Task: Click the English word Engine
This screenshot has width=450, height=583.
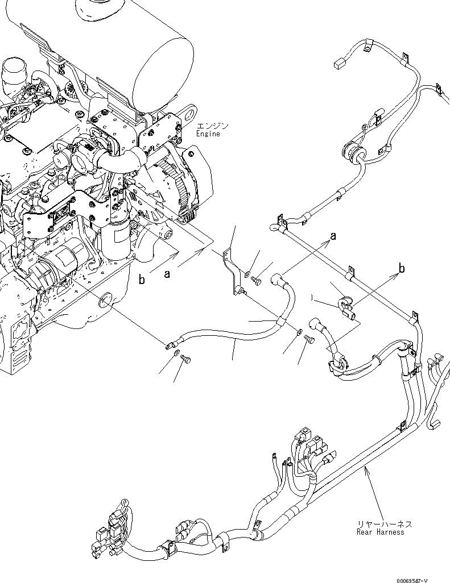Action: point(208,134)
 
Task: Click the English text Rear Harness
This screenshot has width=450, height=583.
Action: point(380,532)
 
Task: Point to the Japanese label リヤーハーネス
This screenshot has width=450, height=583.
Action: point(384,524)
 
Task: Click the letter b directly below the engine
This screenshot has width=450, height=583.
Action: point(143,280)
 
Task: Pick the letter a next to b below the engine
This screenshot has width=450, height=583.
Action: point(167,274)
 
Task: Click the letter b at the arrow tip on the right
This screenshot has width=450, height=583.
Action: point(402,269)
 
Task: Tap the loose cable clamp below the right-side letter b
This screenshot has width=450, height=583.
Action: point(345,307)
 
